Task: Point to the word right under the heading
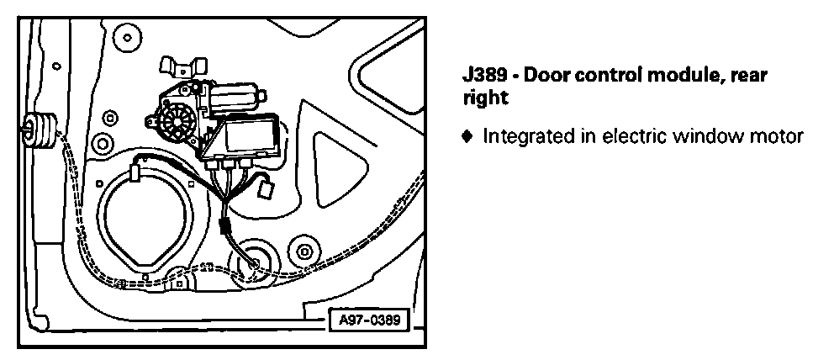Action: coord(485,98)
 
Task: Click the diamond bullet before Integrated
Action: coord(468,135)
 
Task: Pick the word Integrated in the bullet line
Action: coord(520,135)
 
